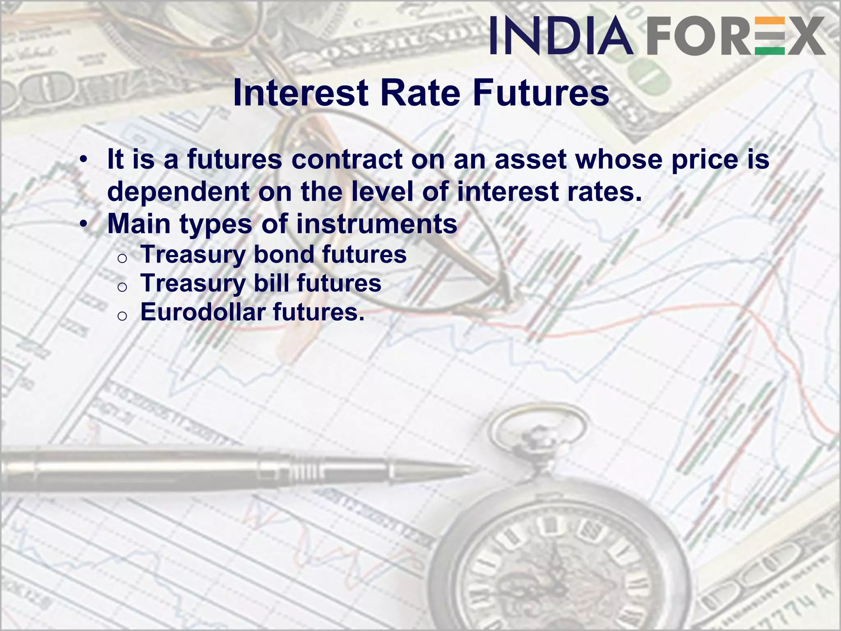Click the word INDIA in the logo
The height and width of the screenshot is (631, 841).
click(561, 36)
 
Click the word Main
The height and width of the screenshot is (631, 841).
click(139, 224)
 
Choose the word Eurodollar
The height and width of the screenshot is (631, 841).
click(203, 312)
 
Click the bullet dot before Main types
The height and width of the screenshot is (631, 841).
click(84, 224)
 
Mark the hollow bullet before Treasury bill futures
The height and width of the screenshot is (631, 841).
click(122, 287)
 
